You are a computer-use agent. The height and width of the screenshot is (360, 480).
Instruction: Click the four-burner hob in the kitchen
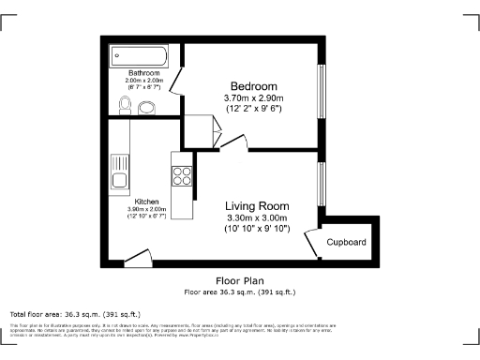181,173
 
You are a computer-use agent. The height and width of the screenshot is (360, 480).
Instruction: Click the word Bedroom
252,83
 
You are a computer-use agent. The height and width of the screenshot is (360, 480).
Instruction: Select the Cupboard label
346,242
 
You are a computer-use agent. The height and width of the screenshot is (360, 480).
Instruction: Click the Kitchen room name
146,202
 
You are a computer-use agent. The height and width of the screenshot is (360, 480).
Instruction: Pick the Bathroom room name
144,73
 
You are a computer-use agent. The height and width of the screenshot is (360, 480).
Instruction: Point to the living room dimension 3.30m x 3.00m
257,217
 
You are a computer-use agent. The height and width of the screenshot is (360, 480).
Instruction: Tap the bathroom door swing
176,93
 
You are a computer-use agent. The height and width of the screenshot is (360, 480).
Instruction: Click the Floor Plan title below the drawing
239,280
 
